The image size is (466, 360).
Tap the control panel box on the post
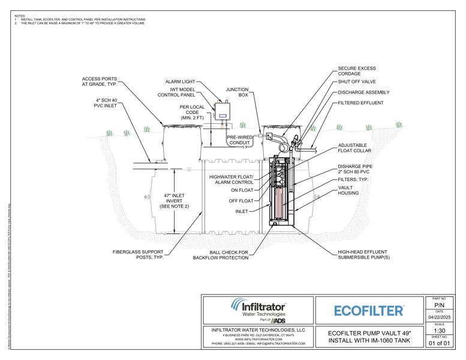coord(222,111)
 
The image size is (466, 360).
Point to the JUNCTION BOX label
coord(237,92)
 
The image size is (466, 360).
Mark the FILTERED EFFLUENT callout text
coord(360,102)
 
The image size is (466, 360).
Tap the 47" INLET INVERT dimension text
coord(174,200)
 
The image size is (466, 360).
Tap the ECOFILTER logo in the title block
coord(368,310)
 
